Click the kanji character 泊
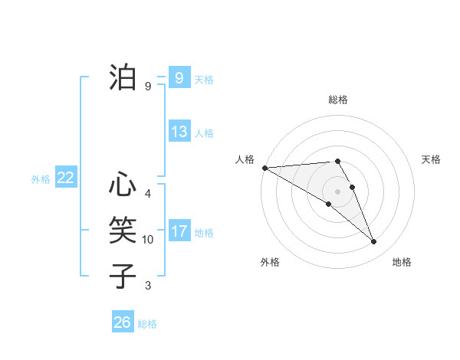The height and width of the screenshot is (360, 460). pyautogui.click(x=123, y=78)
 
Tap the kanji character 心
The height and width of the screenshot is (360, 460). pyautogui.click(x=123, y=186)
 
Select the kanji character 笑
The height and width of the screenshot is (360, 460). pyautogui.click(x=123, y=230)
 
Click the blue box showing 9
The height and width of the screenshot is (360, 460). pyautogui.click(x=179, y=78)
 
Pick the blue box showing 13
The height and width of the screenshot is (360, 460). pyautogui.click(x=179, y=132)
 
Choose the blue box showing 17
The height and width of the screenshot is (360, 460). pyautogui.click(x=179, y=231)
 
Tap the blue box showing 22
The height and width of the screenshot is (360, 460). pyautogui.click(x=65, y=178)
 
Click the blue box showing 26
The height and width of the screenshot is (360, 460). pyautogui.click(x=122, y=322)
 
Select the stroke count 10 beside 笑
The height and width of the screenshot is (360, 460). pyautogui.click(x=148, y=240)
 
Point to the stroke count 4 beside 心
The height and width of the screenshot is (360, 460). pyautogui.click(x=148, y=194)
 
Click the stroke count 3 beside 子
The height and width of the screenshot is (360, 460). pyautogui.click(x=148, y=286)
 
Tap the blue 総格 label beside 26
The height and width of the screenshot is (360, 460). pyautogui.click(x=147, y=324)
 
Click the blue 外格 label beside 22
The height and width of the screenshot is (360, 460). pyautogui.click(x=41, y=179)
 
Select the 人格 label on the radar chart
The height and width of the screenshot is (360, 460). pyautogui.click(x=245, y=159)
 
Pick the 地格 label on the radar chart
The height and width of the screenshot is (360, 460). pyautogui.click(x=402, y=262)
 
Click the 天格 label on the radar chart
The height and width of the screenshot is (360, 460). pyautogui.click(x=431, y=159)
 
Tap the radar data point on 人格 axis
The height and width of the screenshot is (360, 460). pyautogui.click(x=264, y=168)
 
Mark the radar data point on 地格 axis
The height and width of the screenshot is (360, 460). pyautogui.click(x=374, y=242)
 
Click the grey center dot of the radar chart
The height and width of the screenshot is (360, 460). pyautogui.click(x=337, y=191)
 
